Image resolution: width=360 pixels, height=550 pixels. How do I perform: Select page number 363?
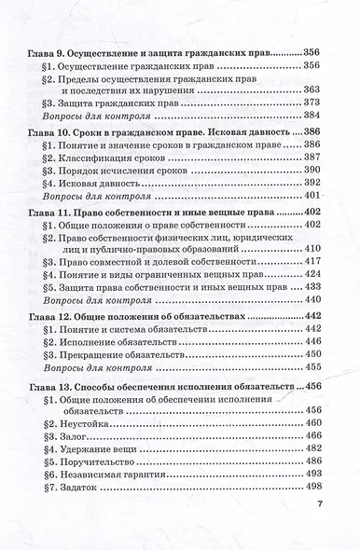coord(312,89)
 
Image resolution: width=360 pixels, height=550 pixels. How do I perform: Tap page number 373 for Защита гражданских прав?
coord(312,103)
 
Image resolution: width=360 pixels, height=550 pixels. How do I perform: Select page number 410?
coord(312,251)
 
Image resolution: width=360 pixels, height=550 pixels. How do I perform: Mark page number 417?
coord(312,265)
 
